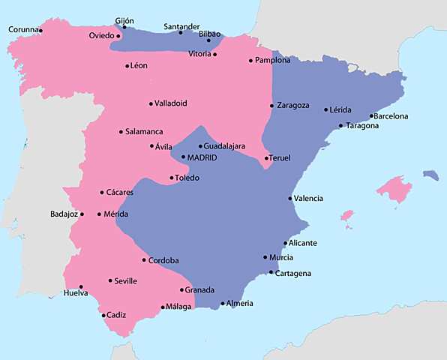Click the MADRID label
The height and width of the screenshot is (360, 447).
(202, 158)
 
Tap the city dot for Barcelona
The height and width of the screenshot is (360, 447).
(372, 116)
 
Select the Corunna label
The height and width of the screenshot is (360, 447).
(22, 30)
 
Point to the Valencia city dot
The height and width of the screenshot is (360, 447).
(290, 198)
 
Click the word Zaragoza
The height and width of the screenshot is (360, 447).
(293, 106)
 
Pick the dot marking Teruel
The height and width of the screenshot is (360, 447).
(267, 158)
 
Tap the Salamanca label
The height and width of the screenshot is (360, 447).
(144, 132)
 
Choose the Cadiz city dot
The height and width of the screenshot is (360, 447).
(103, 315)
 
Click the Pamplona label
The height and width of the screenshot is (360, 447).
(273, 61)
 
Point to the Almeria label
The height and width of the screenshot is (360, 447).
(240, 304)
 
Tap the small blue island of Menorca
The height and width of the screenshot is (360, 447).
(430, 175)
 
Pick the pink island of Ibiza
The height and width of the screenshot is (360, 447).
(346, 216)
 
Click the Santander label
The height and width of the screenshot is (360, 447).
(181, 26)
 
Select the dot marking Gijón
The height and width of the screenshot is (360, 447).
(124, 28)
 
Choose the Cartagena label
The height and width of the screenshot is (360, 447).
(293, 274)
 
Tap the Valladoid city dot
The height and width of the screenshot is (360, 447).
(151, 103)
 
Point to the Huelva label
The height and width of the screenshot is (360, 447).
(76, 293)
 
